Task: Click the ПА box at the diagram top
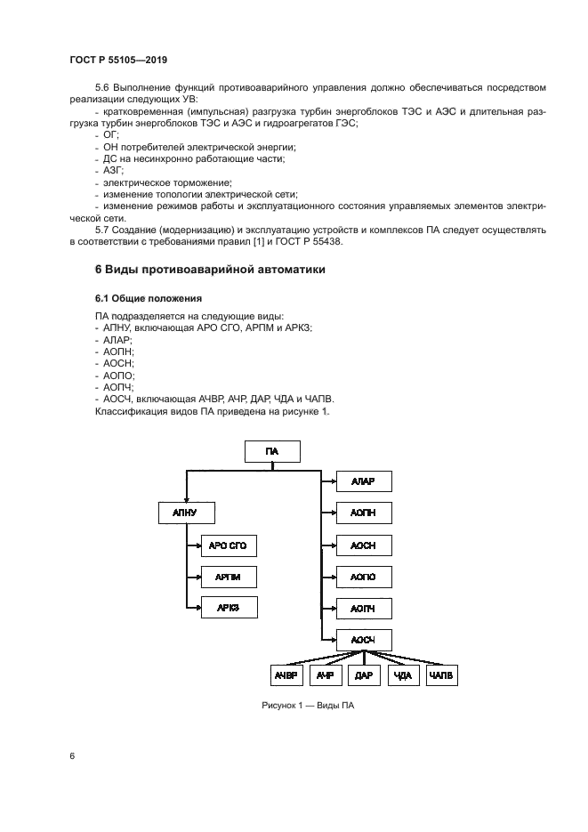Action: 272,452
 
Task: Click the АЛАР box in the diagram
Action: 364,482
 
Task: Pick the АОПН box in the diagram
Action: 364,514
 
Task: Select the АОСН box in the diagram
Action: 364,545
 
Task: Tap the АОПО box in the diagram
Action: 364,577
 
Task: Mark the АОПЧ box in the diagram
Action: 364,608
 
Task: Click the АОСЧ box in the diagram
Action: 364,639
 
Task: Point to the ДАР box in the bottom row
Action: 363,676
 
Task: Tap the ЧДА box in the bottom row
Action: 402,676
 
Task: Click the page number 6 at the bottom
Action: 71,755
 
